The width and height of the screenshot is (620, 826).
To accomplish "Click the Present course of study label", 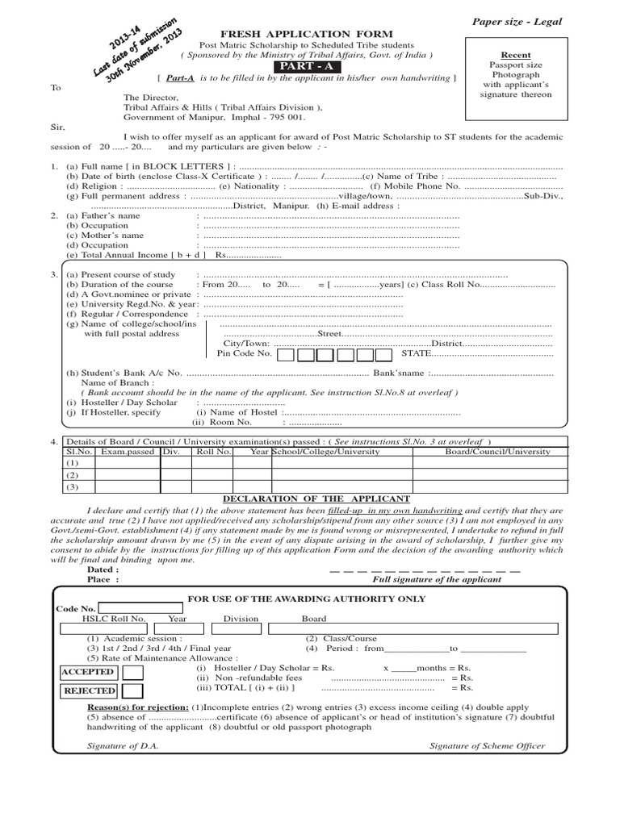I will coord(120,275).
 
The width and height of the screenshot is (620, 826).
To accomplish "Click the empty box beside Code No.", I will coord(140,607).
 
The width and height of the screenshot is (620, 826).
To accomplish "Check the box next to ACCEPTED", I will coord(132,672).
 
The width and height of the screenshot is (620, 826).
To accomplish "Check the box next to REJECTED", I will coord(132,690).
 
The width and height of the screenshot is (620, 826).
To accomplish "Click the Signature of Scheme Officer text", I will coord(487,746).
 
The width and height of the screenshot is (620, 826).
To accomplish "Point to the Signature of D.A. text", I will coord(123,746).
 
